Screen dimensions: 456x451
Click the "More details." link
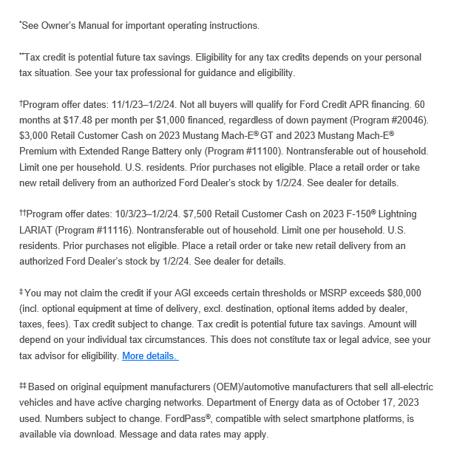(149, 355)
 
